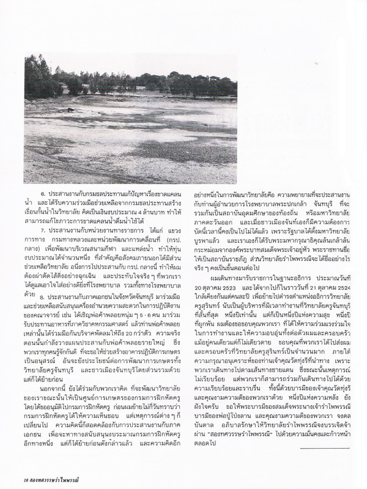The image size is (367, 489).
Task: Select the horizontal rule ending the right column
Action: click(x=317, y=432)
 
